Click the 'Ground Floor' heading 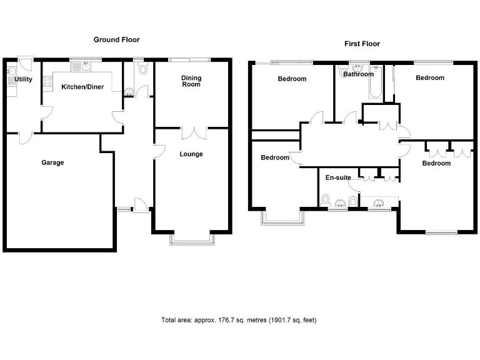(x=116, y=39)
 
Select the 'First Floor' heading (x=362, y=44)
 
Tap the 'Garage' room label (x=52, y=162)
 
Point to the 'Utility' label (x=24, y=79)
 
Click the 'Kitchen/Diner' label (x=82, y=87)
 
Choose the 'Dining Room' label (x=191, y=81)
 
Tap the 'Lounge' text (x=191, y=154)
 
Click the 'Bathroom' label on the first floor (x=358, y=74)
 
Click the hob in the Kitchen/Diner (x=46, y=81)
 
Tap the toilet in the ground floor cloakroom (x=142, y=69)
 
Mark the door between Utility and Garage (x=24, y=137)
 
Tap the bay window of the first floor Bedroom (x=283, y=218)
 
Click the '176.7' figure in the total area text (x=224, y=321)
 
